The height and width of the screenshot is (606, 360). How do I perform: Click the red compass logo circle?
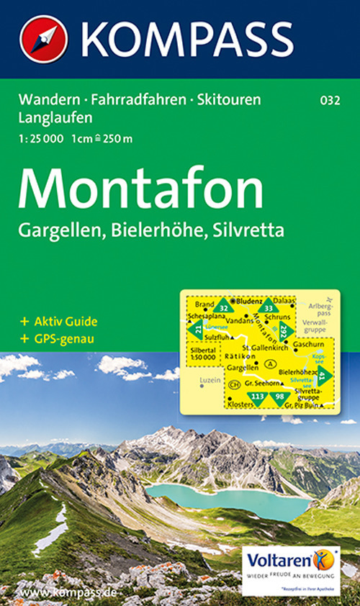43,39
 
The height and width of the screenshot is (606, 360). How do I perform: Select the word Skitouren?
228,101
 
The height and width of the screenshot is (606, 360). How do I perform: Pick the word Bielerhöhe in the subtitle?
158,231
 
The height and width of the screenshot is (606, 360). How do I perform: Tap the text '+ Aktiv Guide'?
60,321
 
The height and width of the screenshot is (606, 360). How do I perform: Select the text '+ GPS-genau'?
58,338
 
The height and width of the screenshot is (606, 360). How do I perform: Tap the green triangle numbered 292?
284,331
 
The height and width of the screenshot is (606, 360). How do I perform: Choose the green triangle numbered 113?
257,396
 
